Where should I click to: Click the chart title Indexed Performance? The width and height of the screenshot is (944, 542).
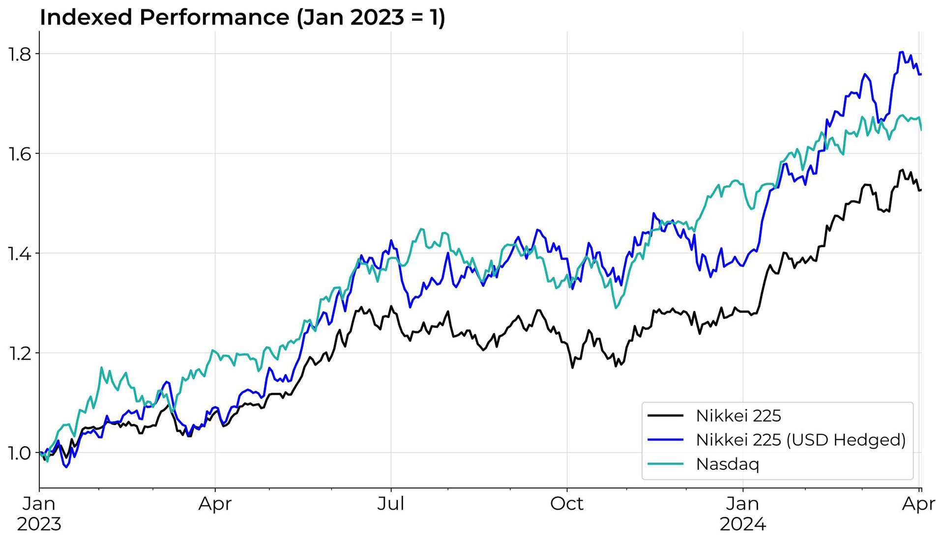point(242,17)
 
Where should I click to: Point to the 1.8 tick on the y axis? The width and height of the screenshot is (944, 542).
point(19,54)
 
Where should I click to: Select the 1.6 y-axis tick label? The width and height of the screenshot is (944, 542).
point(19,154)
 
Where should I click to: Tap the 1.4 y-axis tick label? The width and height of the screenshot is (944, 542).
point(19,254)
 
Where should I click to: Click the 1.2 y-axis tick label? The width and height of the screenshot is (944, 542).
point(19,353)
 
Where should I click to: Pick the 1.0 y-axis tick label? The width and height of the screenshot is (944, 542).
point(19,453)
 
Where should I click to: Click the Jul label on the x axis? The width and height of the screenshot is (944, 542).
point(391,504)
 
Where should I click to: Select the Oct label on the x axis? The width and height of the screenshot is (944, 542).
point(567,504)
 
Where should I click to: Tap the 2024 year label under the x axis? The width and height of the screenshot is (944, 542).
point(743,524)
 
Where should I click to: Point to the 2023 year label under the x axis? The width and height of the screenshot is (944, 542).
point(39,524)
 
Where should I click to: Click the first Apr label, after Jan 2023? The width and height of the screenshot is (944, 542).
point(215,504)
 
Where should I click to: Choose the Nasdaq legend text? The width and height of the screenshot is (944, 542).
point(728,464)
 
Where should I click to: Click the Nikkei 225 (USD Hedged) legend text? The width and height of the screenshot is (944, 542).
point(800,440)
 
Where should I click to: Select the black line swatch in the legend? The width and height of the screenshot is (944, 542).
point(665,416)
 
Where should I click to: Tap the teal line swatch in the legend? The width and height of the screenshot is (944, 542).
point(665,464)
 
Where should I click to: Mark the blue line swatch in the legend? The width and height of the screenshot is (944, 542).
point(665,440)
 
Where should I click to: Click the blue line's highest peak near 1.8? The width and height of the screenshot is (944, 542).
point(902,52)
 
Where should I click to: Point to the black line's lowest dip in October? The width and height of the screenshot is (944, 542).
point(572,368)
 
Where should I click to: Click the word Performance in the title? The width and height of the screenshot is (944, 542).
point(214,17)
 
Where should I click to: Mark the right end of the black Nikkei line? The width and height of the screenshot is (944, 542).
point(920,190)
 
